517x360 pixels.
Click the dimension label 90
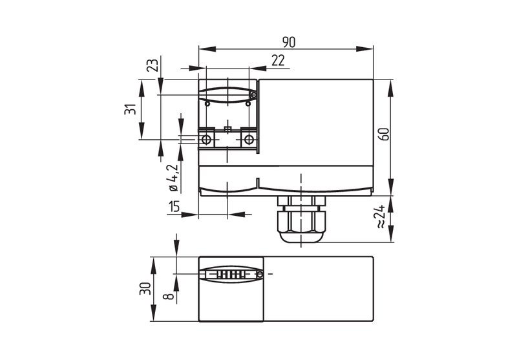click(x=289, y=42)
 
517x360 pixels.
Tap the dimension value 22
click(x=278, y=60)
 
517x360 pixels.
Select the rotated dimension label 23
click(x=153, y=65)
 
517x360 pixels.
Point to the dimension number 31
click(x=131, y=109)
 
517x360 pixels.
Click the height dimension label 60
click(x=385, y=134)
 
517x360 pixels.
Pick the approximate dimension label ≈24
click(x=380, y=217)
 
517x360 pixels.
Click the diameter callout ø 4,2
click(x=173, y=177)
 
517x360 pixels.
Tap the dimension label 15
click(x=174, y=206)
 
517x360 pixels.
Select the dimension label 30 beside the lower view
click(x=145, y=288)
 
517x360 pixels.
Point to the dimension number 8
click(x=169, y=296)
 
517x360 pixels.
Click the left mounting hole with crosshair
click(x=206, y=140)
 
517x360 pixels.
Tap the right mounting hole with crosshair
click(x=249, y=140)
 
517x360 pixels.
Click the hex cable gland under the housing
click(x=301, y=219)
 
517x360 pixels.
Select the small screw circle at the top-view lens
click(x=253, y=96)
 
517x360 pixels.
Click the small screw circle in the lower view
click(x=260, y=274)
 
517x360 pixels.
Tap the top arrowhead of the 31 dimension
click(x=142, y=88)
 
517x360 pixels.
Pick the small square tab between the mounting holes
click(x=227, y=129)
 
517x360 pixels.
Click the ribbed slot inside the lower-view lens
click(x=231, y=274)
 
